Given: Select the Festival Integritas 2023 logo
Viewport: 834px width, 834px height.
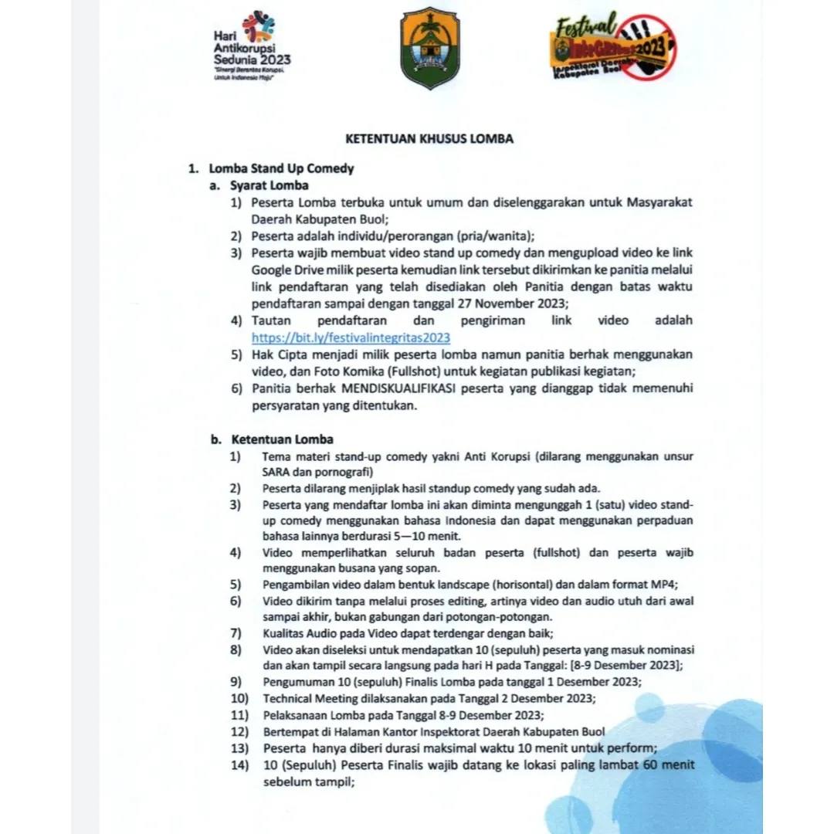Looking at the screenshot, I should pos(612,47).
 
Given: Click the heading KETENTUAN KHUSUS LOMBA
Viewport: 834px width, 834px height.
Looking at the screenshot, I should pos(429,140).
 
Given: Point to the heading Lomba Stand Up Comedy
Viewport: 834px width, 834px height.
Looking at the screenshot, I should pos(282,168).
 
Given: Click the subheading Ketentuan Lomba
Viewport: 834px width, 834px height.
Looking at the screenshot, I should pos(282,439).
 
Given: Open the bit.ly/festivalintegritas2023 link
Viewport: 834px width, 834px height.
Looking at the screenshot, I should pos(351,337).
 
